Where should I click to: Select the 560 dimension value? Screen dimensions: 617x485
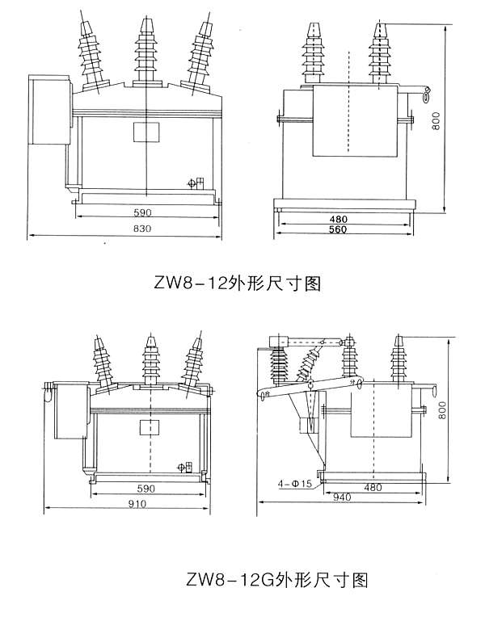338,230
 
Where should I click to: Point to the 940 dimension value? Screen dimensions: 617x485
342,497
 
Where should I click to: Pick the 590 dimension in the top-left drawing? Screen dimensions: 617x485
142,214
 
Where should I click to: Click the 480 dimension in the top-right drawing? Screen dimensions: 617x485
339,219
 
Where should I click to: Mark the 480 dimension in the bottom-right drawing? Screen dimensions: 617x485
373,488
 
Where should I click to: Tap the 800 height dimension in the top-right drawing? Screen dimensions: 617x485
458,122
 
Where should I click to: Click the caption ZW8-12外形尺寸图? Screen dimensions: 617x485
238,283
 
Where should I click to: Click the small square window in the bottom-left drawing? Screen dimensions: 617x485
148,427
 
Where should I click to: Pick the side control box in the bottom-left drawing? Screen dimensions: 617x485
71,410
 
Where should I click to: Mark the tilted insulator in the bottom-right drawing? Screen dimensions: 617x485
306,367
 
